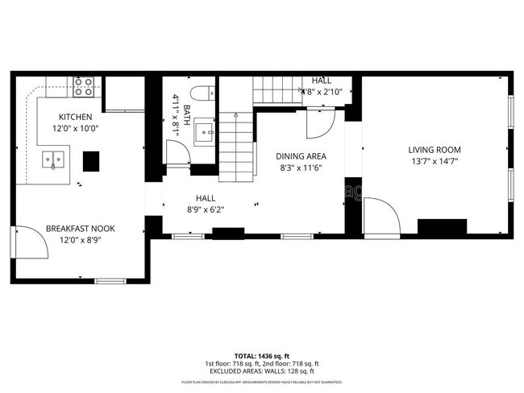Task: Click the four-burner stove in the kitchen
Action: click(x=83, y=86)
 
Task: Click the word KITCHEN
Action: click(x=75, y=117)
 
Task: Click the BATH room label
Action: click(x=187, y=114)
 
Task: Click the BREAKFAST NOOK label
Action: click(x=80, y=228)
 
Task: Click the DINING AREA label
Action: click(x=301, y=156)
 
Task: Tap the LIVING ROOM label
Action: click(x=434, y=149)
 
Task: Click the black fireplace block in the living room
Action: click(x=442, y=226)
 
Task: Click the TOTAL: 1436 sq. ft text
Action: click(x=262, y=355)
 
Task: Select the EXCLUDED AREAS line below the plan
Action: click(x=262, y=370)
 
